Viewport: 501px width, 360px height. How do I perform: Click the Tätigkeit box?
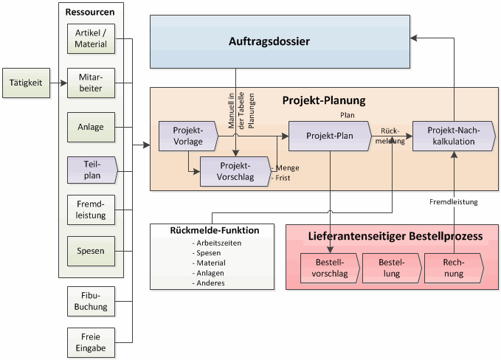pos(27,83)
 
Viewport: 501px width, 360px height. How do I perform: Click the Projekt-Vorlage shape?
pos(187,136)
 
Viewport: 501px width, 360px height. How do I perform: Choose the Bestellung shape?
pos(390,268)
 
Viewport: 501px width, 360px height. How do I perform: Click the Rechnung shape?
pos(453,268)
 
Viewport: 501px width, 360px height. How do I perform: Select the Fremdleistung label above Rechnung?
pos(453,201)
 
